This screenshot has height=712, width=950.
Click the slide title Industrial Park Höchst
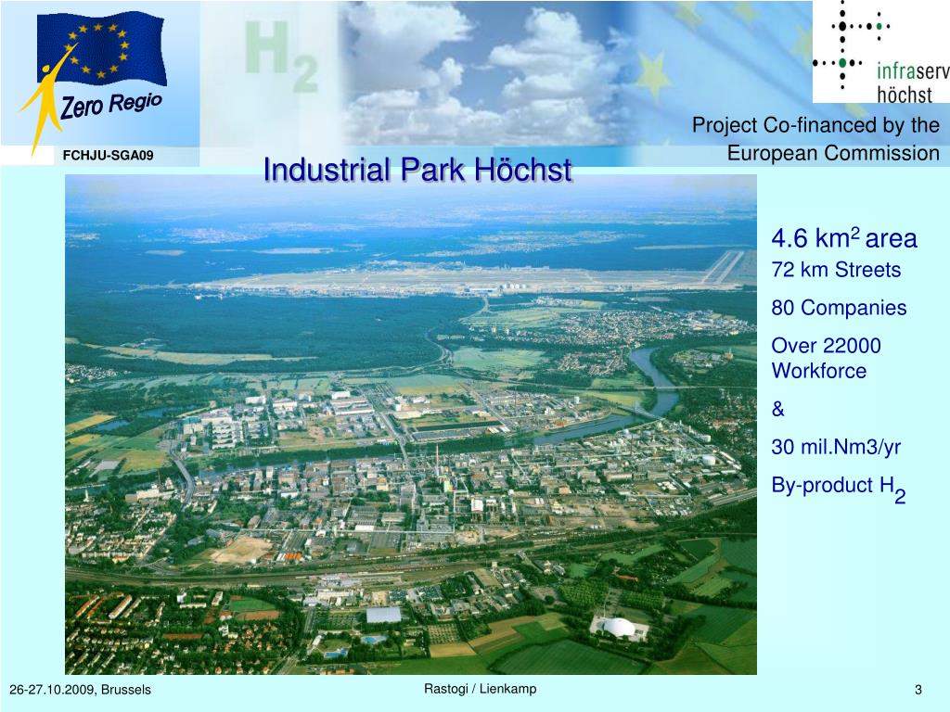417,171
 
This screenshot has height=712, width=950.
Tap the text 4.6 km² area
843,239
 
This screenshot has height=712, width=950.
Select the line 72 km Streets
836,271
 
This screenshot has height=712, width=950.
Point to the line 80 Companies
839,308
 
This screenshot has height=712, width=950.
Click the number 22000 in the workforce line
850,346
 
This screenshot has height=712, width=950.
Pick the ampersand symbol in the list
777,409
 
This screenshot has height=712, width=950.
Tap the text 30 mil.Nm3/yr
836,447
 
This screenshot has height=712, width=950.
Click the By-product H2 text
838,488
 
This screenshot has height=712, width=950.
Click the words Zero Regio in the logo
111,105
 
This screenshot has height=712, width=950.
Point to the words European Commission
833,154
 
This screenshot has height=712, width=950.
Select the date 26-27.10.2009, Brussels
80,691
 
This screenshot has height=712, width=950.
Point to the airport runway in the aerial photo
464,278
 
